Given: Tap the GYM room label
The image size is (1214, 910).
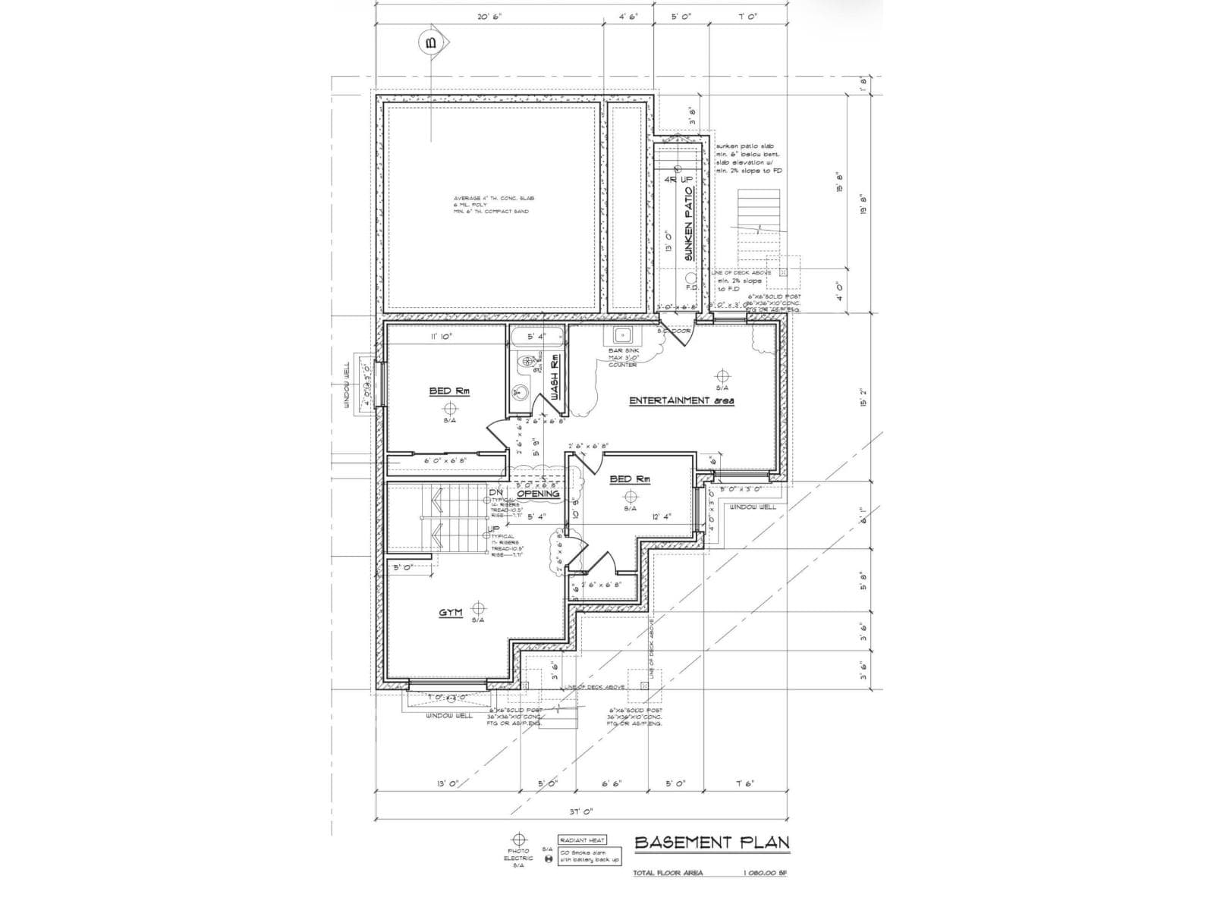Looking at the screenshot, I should pos(450,612).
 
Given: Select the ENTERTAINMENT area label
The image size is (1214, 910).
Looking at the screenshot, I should pos(681,400).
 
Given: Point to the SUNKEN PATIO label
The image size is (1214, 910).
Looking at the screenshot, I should pos(689,224).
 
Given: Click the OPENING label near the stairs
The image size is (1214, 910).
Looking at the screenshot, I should pos(538,494).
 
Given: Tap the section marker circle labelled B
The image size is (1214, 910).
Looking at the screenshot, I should pos(432,43).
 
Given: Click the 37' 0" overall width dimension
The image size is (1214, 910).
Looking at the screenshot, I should pos(580,811).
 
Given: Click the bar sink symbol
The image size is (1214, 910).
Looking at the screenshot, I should pos(623,334).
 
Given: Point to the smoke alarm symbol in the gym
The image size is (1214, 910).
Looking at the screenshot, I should pos(478,607).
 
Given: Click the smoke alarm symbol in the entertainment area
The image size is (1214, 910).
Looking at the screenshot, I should pos(722,375).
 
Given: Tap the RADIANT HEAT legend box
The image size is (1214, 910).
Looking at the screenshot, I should pos(582,840).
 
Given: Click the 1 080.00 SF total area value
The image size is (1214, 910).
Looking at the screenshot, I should pos(765,873).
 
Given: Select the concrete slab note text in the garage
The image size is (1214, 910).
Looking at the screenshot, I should pos(493,205).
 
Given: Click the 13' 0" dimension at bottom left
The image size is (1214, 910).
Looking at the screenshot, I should pos(447,783).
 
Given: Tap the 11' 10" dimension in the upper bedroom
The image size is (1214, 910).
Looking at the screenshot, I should pos(441,336).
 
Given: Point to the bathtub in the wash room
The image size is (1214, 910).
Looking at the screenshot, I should pos(536,336).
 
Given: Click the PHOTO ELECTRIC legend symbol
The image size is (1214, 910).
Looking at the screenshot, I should pos(519,839).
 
